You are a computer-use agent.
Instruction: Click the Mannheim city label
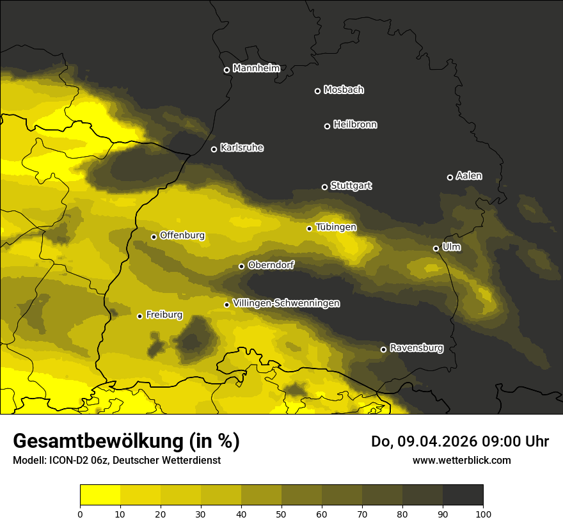[x=256, y=68]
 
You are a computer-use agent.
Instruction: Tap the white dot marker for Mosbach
[x=317, y=91]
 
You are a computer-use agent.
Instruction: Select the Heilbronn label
[x=355, y=125]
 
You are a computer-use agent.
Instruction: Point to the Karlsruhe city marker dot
[x=214, y=149]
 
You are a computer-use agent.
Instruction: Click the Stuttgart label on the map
[x=351, y=186]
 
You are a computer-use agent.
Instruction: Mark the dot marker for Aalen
[x=450, y=177]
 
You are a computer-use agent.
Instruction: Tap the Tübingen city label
[x=336, y=227]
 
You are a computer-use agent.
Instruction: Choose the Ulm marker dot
[x=436, y=248]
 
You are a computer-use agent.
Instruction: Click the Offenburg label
[x=182, y=235]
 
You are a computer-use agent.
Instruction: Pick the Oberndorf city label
[x=271, y=265]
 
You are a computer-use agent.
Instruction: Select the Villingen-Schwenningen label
[x=286, y=303]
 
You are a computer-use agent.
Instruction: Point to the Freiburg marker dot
[x=139, y=316]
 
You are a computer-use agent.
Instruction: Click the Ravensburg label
[x=416, y=348]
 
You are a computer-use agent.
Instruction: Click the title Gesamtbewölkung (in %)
[x=126, y=441]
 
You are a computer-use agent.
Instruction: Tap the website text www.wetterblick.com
[x=461, y=460]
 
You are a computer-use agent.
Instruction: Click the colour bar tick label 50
[x=281, y=513]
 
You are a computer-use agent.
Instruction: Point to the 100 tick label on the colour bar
[x=483, y=513]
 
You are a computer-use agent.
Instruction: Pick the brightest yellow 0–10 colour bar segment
[x=100, y=495]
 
